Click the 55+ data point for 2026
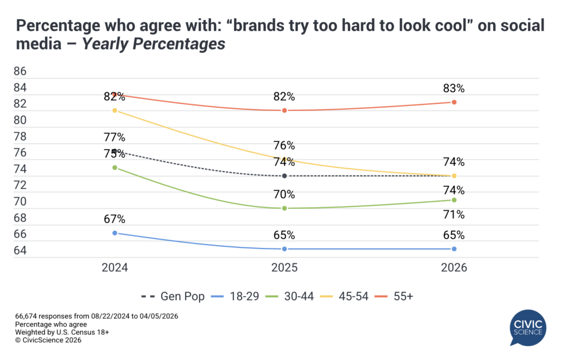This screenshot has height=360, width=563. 454,102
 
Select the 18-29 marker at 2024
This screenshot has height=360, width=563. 115,233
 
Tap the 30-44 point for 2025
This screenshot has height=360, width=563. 285,208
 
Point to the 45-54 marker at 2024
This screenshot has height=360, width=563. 115,110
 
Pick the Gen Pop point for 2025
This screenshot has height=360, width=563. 285,176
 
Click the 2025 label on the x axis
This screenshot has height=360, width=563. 285,268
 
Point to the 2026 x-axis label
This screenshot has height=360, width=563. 454,268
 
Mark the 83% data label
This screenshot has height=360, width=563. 454,88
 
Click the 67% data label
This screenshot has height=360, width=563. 115,219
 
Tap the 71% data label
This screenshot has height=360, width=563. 454,214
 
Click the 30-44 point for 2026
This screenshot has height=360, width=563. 454,200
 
